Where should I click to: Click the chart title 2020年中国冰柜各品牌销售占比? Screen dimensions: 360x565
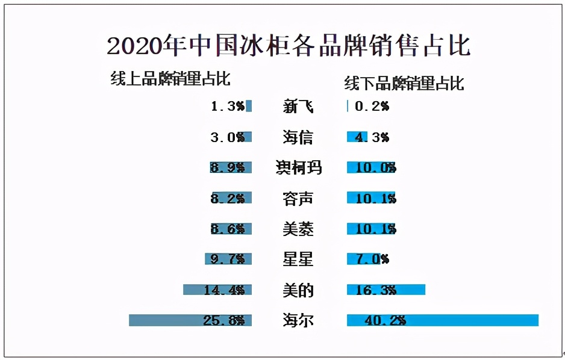tap(289, 46)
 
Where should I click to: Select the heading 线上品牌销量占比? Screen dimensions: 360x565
tap(170, 79)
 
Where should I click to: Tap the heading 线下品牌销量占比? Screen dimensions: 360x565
tap(404, 83)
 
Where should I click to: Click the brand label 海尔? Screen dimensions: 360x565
tap(298, 320)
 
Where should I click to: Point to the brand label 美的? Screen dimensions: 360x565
tap(298, 290)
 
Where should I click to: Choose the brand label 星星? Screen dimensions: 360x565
tap(298, 259)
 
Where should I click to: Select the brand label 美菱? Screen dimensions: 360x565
tap(298, 229)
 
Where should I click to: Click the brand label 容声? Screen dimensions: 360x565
tap(298, 198)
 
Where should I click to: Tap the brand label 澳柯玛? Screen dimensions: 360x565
tap(298, 167)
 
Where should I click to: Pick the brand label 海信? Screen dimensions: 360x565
tap(298, 137)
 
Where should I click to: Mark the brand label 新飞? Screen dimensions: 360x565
tap(298, 107)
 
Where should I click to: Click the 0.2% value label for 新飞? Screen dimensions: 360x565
tap(372, 107)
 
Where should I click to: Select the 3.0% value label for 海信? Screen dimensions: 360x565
tap(227, 137)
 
